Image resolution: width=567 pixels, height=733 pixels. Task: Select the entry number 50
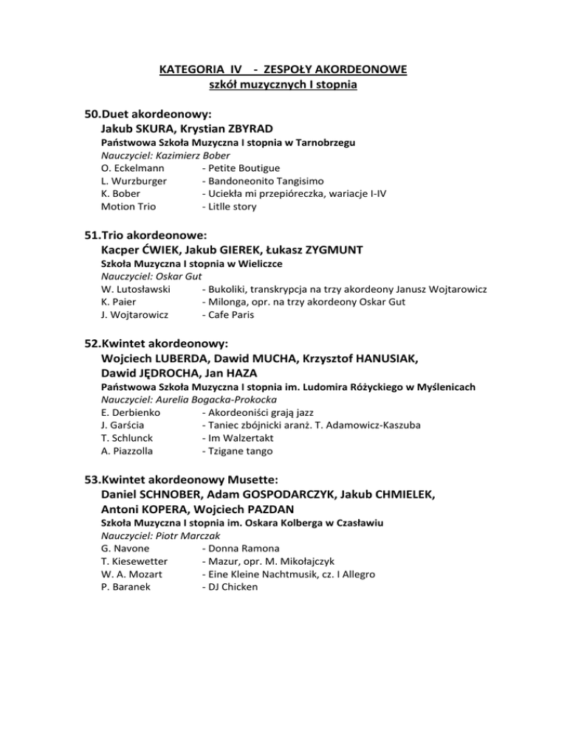[91, 115]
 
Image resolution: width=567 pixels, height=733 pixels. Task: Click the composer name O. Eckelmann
[131, 168]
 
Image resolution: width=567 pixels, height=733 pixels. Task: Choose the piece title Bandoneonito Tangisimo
[255, 181]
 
